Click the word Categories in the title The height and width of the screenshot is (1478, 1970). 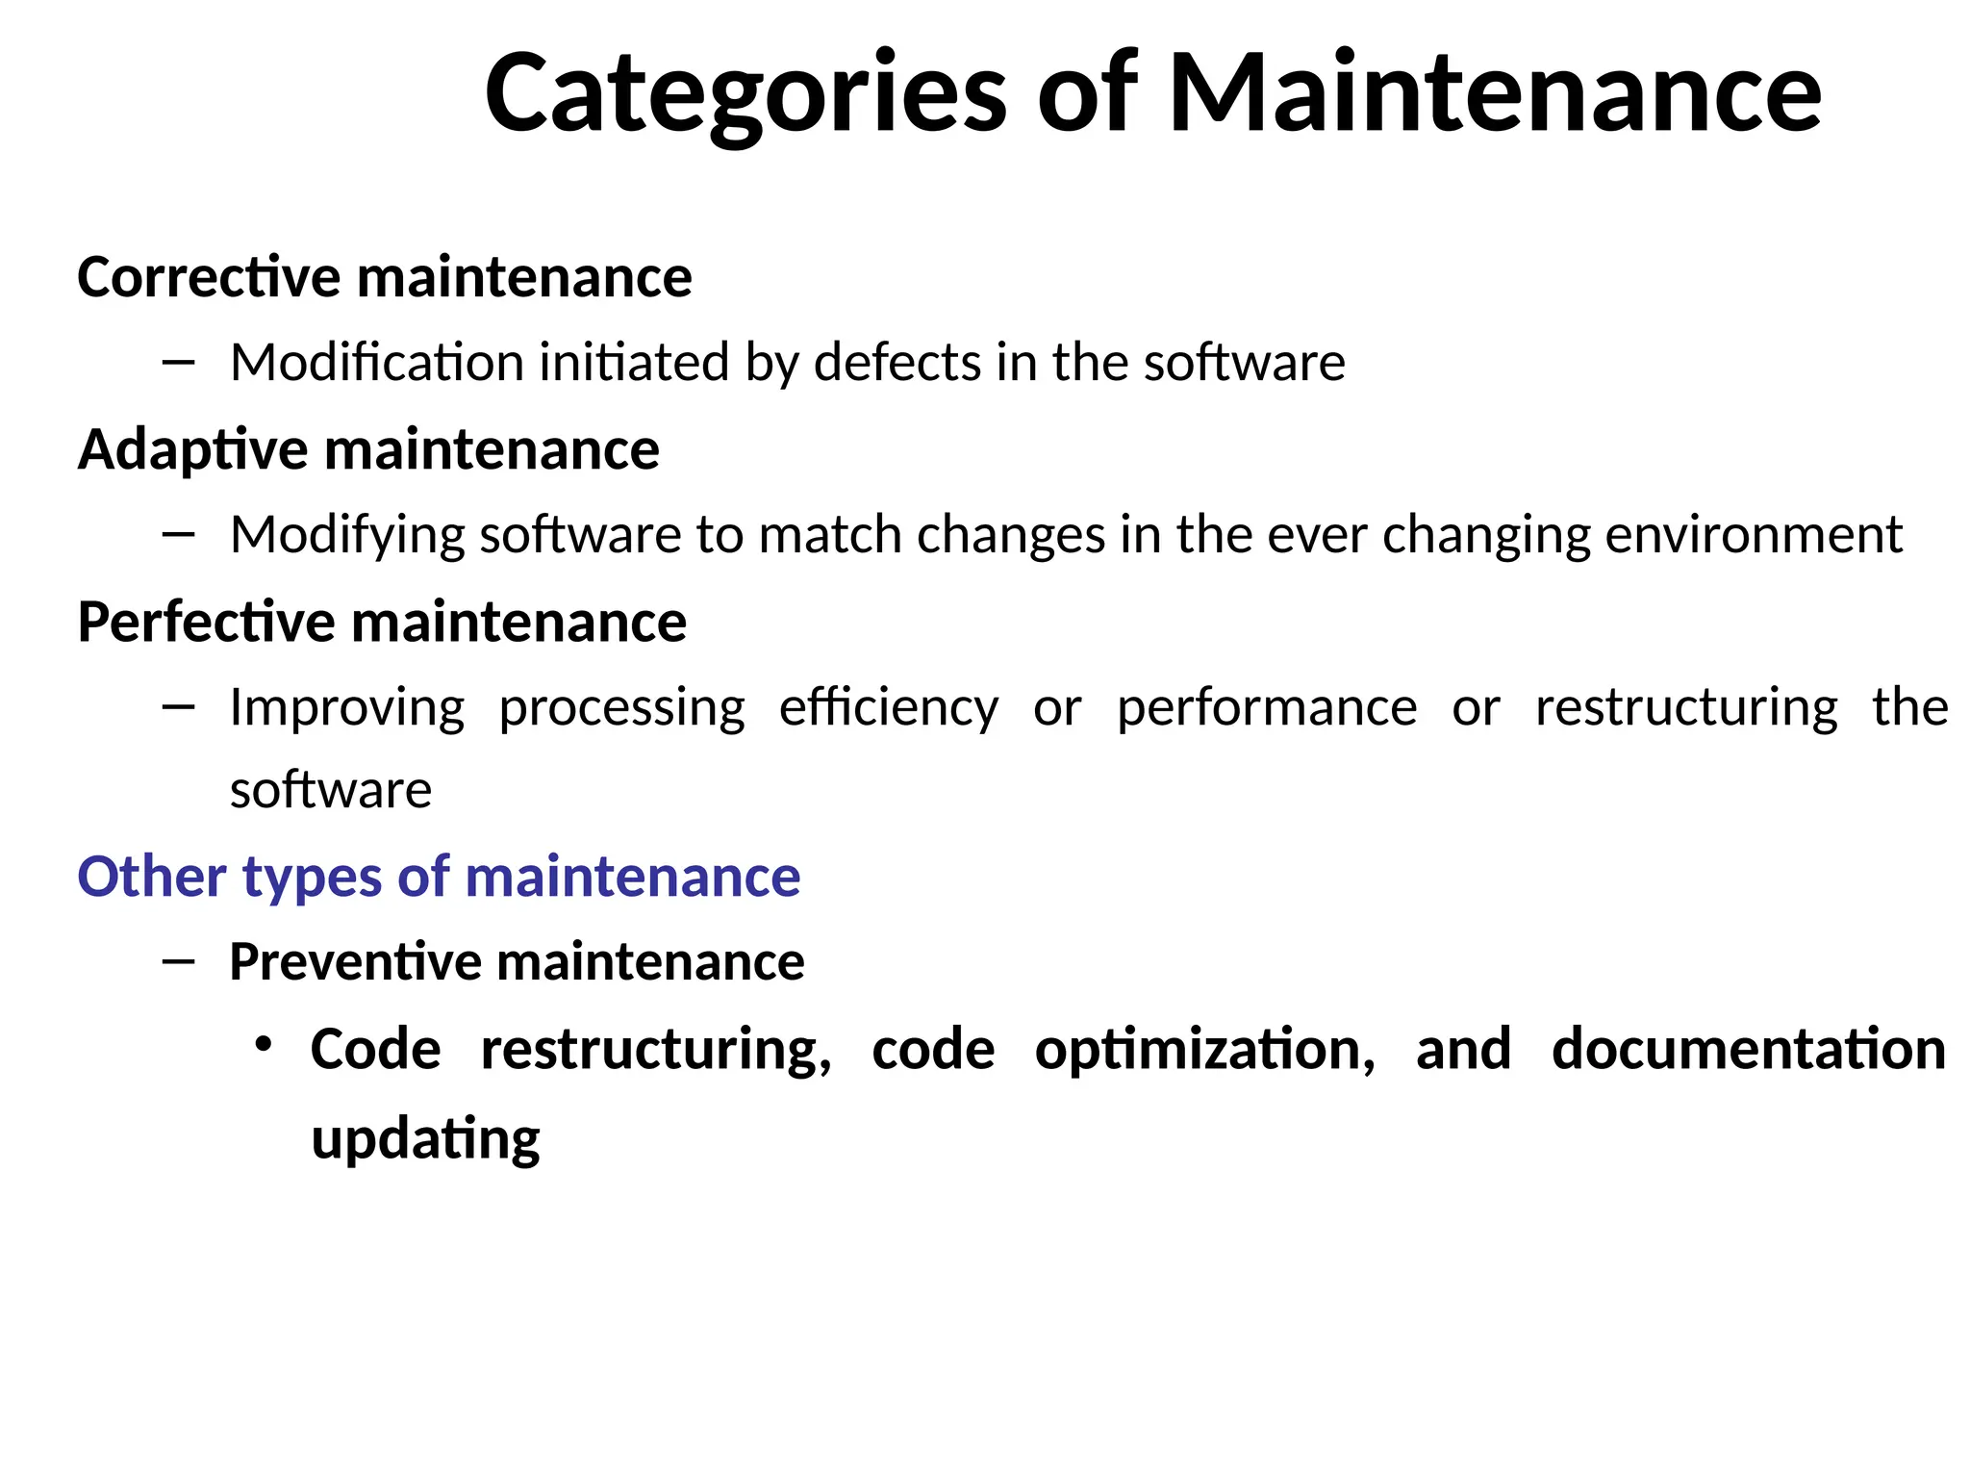(745, 94)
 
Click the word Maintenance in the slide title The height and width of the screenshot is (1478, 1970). (1494, 92)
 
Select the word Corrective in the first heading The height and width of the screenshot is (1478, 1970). (209, 277)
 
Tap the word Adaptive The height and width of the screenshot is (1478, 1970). (192, 450)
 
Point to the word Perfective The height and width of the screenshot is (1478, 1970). (206, 622)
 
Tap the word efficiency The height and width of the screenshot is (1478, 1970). (889, 708)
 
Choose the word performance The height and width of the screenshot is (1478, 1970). (1267, 708)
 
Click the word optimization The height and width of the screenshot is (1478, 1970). (1205, 1049)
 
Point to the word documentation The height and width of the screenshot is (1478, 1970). (1748, 1049)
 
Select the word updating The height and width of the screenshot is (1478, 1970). (425, 1139)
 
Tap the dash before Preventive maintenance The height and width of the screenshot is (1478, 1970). (179, 961)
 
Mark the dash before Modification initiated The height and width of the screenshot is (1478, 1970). (179, 363)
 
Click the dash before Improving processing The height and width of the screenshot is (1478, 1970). (179, 708)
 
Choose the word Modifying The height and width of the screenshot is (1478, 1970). (347, 535)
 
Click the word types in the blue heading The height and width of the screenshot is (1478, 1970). (312, 879)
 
